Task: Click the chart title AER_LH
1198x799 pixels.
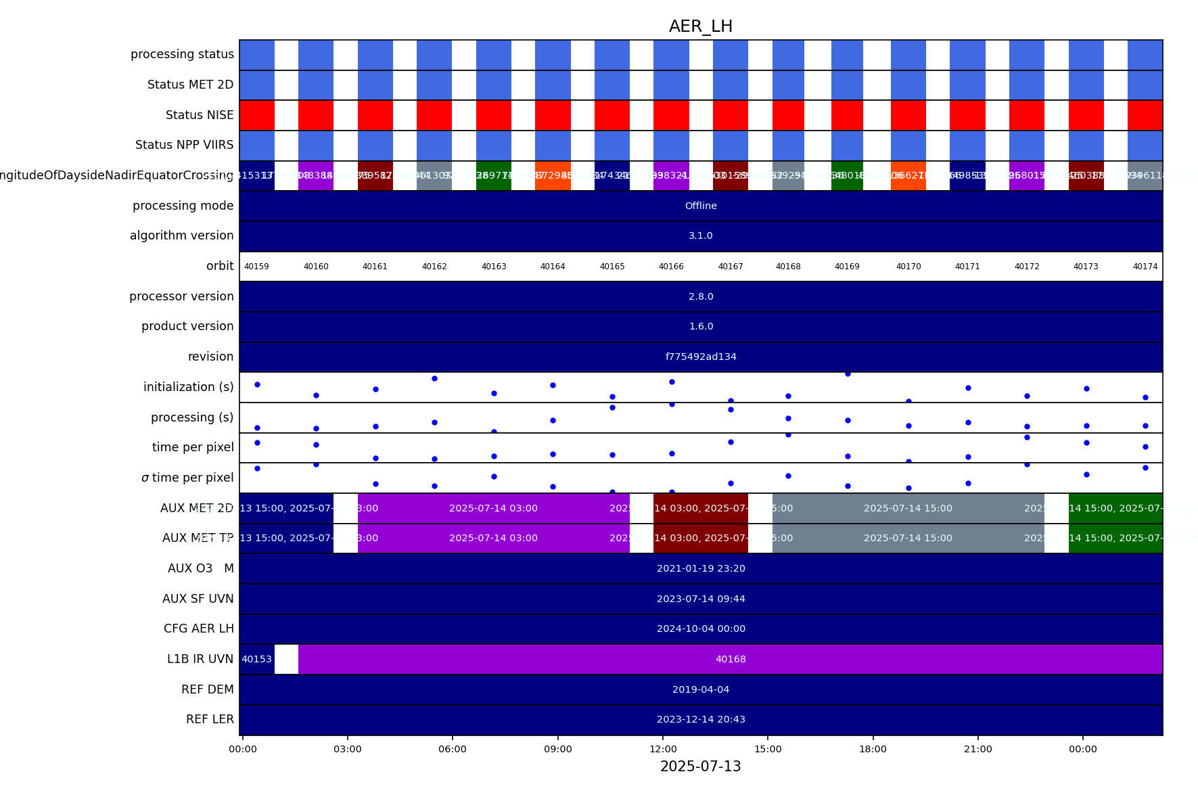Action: tap(700, 26)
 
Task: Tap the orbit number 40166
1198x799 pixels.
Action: tap(671, 267)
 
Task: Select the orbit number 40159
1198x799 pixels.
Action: tap(256, 267)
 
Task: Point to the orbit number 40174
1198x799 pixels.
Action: tap(1145, 267)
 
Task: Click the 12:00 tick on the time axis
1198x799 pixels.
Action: tap(663, 749)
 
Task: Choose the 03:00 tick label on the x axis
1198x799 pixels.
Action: tap(348, 749)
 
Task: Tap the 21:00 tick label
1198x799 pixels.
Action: tap(977, 749)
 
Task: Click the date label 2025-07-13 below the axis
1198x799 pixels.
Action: tap(700, 767)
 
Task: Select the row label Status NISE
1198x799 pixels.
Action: tap(200, 115)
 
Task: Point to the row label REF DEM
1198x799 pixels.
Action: tap(207, 689)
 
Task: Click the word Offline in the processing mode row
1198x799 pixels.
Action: tap(701, 206)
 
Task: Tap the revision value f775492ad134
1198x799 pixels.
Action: tap(701, 357)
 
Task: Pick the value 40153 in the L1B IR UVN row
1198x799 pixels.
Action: tap(256, 659)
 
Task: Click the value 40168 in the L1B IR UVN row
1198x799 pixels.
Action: tap(731, 659)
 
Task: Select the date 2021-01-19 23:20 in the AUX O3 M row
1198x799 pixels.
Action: tap(701, 568)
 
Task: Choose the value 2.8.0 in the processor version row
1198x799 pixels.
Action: tap(701, 296)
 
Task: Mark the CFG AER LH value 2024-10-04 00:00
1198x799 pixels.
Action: tap(701, 629)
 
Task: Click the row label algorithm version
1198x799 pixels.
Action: tap(181, 235)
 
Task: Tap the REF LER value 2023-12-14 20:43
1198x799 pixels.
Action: tap(701, 719)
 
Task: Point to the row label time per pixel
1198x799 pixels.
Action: tap(193, 447)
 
